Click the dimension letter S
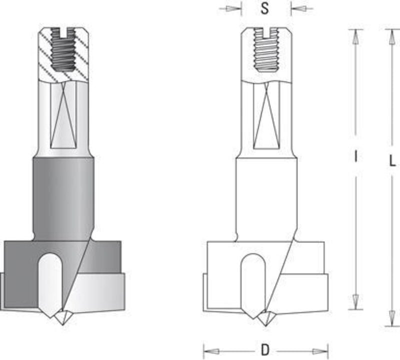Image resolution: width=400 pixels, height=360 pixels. (265, 9)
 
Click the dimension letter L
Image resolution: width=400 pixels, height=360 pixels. (392, 161)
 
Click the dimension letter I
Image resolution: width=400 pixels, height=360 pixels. (355, 156)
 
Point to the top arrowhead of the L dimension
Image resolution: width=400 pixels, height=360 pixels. (389, 35)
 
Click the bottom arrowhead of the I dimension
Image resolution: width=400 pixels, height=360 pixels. (354, 302)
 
